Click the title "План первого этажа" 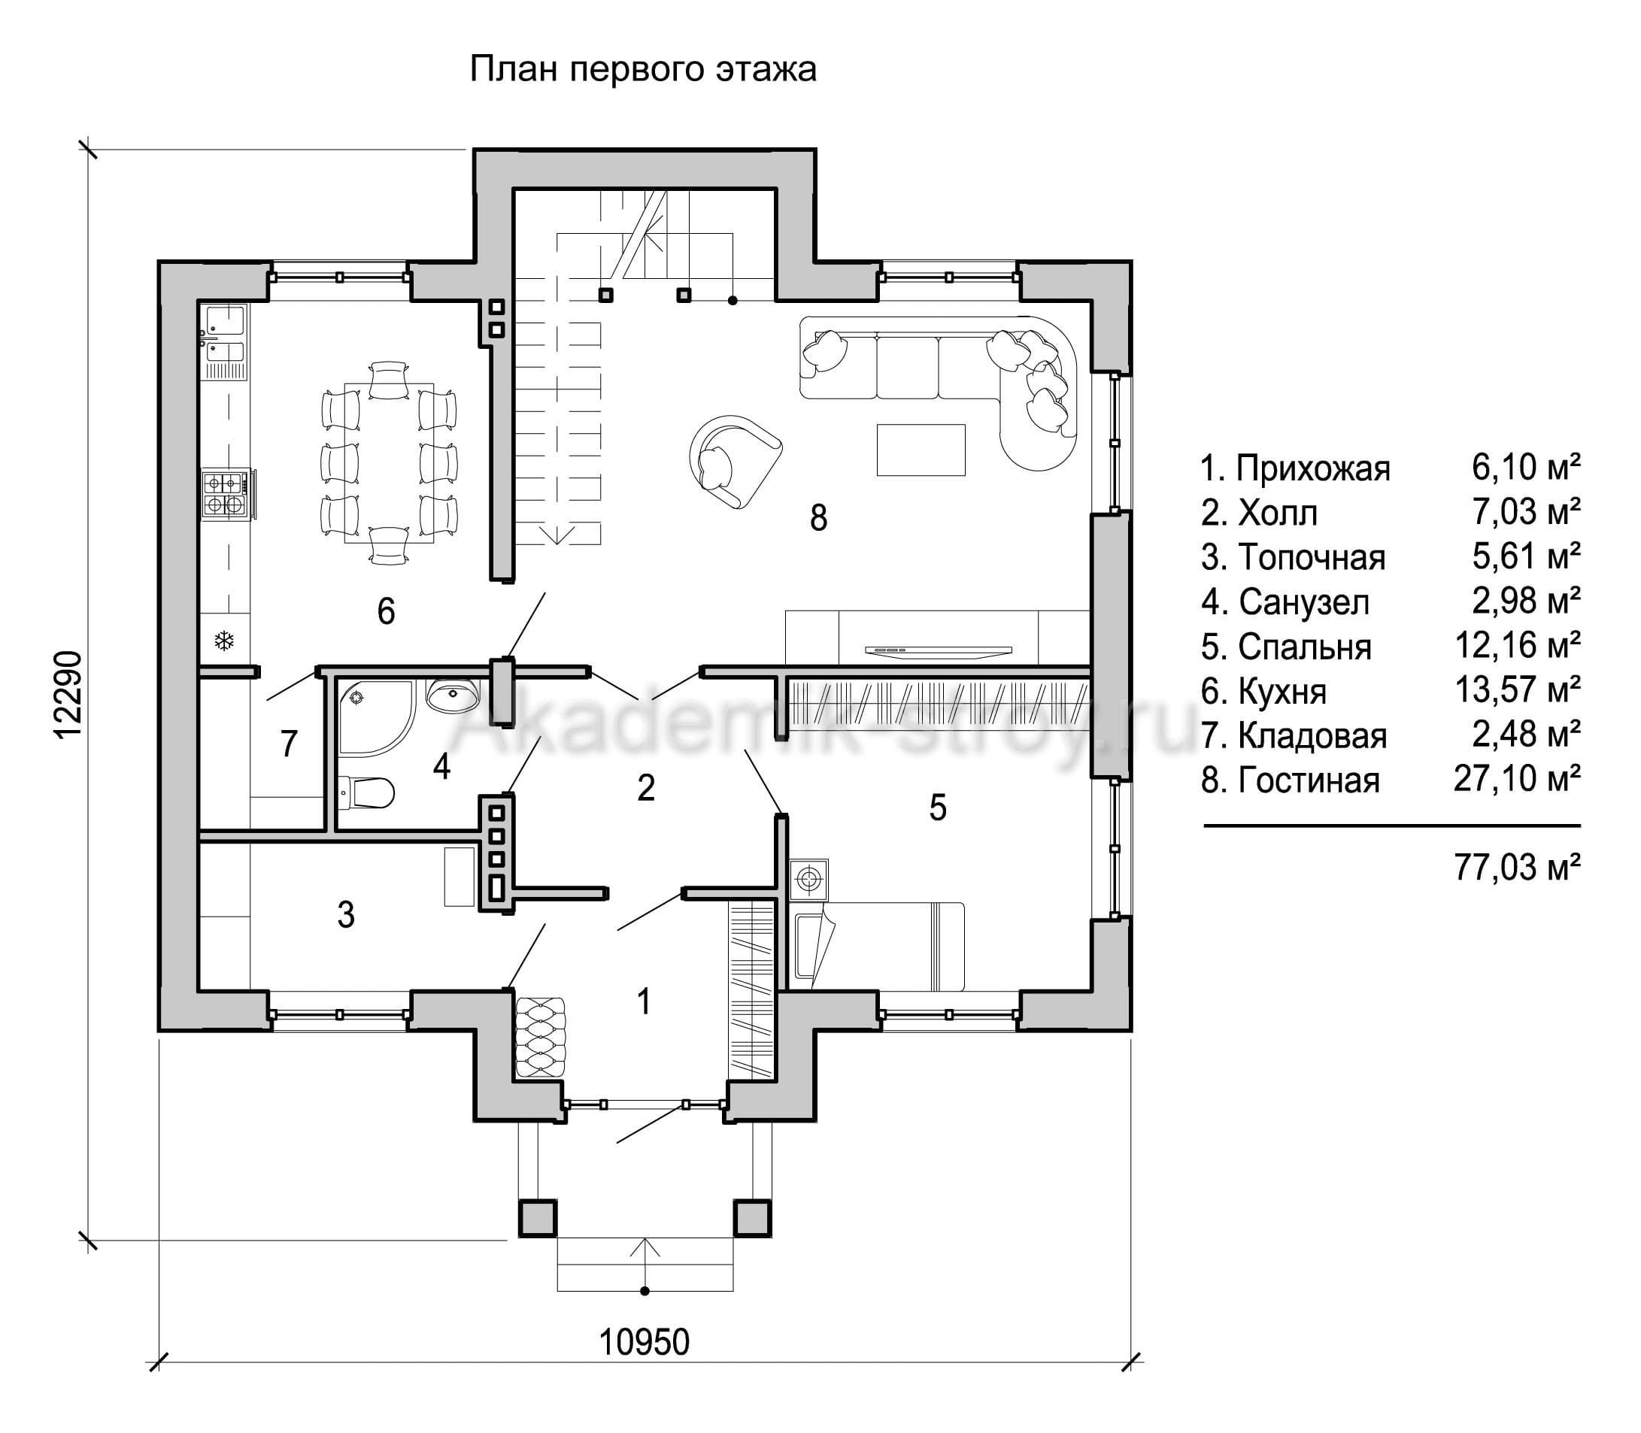[643, 70]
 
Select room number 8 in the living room [818, 517]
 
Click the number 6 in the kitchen [387, 611]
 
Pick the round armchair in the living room [733, 461]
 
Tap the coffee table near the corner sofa [921, 450]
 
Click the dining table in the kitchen [390, 463]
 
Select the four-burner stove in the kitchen [225, 492]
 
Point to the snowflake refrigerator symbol [225, 640]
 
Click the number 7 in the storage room [289, 743]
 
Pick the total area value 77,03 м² [1517, 866]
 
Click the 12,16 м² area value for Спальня [1517, 645]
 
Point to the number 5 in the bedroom [938, 807]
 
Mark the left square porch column [538, 1217]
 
